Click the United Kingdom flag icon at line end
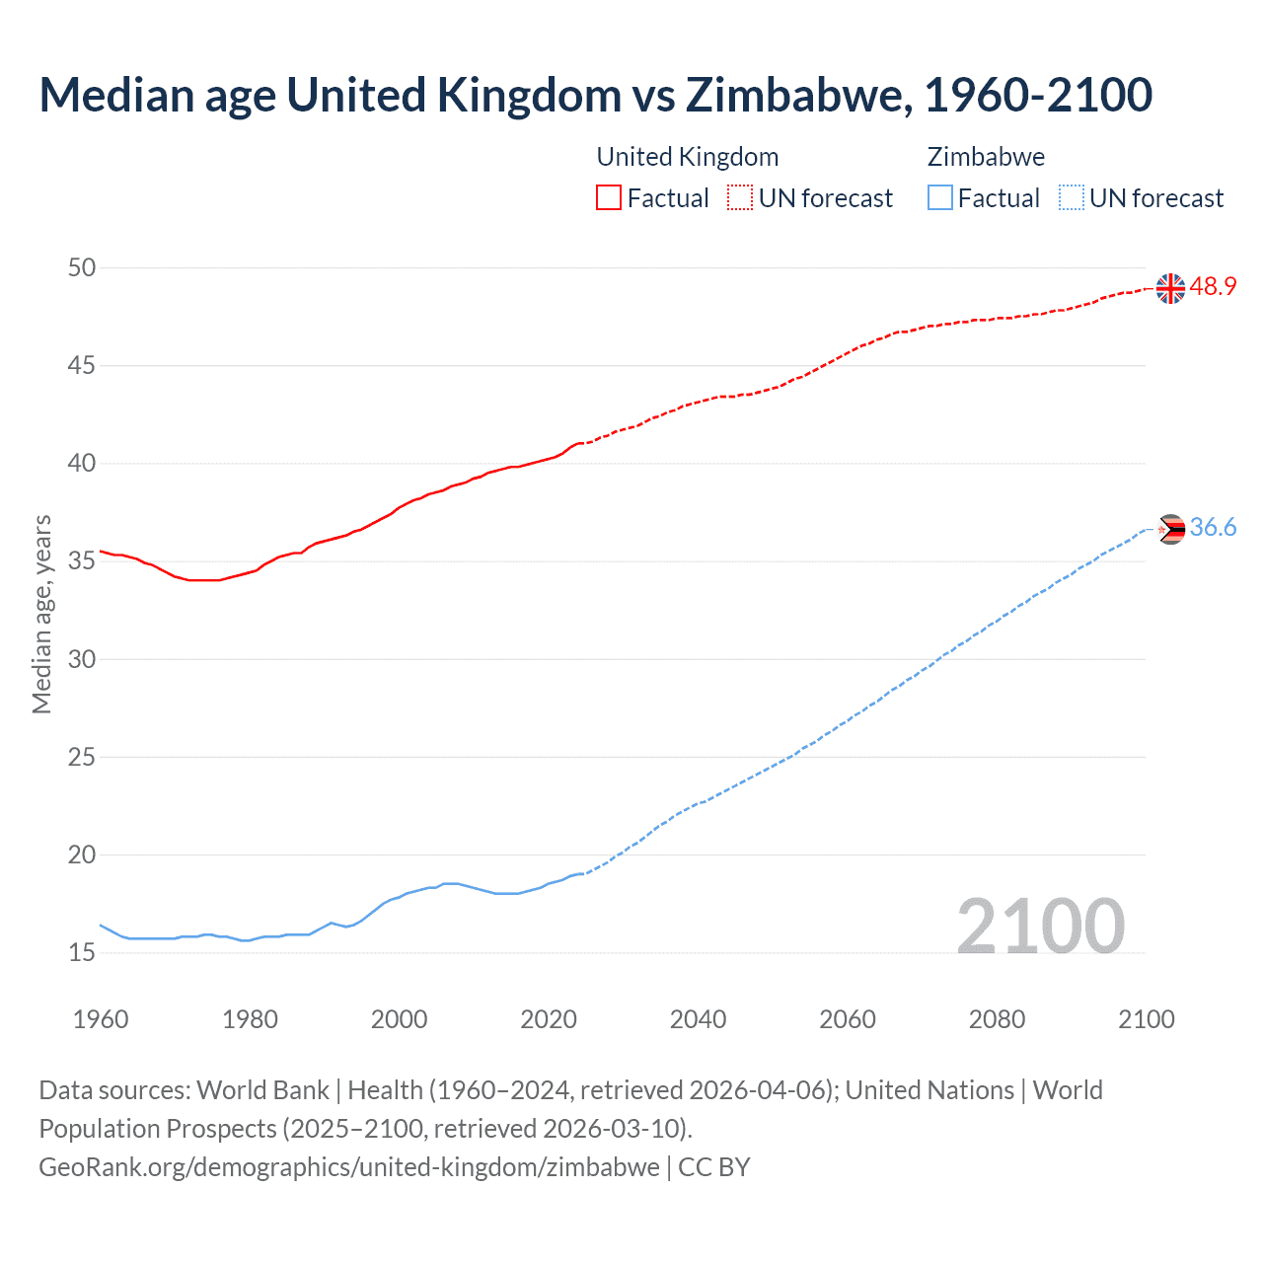tap(1170, 288)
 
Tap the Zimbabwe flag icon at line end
tap(1170, 529)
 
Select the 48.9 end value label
tap(1213, 287)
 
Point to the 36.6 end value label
tap(1213, 528)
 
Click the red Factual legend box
tap(609, 198)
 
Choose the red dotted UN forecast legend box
tap(740, 198)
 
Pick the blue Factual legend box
tap(940, 198)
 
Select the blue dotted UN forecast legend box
tap(1071, 198)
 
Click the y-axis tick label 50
tap(82, 267)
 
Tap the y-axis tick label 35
tap(82, 561)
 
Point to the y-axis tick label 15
tap(82, 953)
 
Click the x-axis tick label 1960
tap(101, 1019)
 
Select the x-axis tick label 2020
tap(549, 1019)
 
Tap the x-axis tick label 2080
tap(997, 1019)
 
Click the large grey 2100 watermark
tap(1040, 926)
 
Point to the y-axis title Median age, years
tap(41, 614)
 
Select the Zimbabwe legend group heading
tap(986, 157)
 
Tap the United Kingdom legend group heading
tap(688, 157)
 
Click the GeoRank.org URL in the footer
tap(349, 1167)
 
